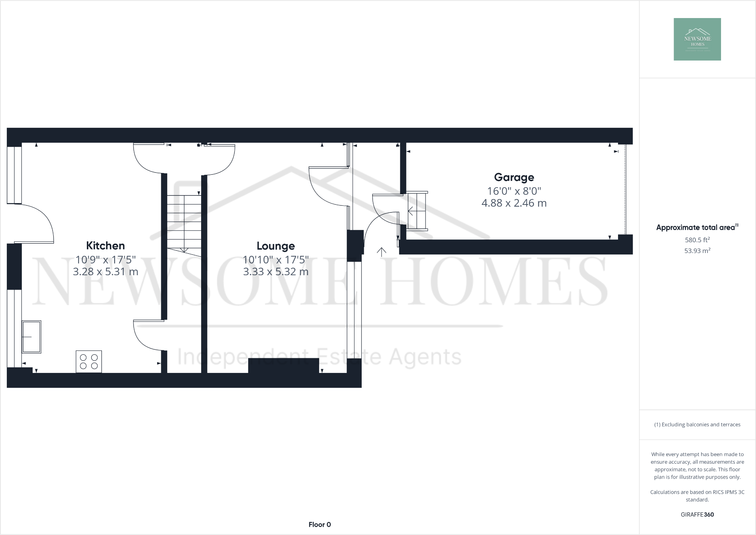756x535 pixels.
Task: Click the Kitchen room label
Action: click(x=105, y=246)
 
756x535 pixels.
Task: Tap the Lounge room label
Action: click(x=276, y=246)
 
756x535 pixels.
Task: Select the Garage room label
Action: click(x=514, y=177)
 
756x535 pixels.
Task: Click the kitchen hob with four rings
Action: click(x=89, y=361)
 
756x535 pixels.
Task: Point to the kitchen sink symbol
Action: click(x=31, y=337)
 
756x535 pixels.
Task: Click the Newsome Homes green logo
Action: click(x=697, y=39)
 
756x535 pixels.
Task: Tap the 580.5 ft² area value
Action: click(x=697, y=239)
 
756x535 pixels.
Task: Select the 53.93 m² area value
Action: click(x=697, y=251)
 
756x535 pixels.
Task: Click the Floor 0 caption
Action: click(x=320, y=524)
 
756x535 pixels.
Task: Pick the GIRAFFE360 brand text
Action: click(x=697, y=515)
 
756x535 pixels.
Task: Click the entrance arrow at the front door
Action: click(x=382, y=252)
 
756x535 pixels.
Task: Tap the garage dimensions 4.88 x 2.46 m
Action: click(x=514, y=203)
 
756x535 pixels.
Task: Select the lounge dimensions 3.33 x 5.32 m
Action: click(x=276, y=271)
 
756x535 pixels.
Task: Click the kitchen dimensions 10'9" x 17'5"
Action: click(x=105, y=259)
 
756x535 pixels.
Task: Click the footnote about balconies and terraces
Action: click(x=697, y=424)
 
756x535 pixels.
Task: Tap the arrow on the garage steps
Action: click(x=411, y=211)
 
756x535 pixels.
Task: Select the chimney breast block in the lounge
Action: click(x=283, y=365)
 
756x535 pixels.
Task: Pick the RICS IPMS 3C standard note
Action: click(x=697, y=496)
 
